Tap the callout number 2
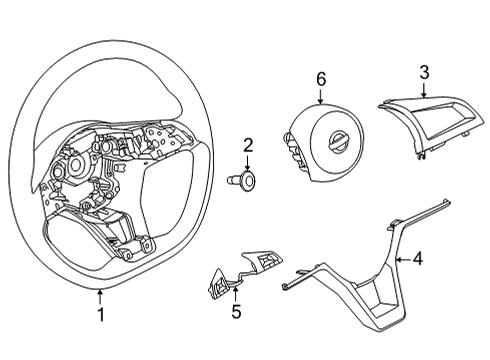point(247,145)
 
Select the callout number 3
point(424,72)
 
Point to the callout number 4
point(418,259)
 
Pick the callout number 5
point(236,312)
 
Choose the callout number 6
point(321,78)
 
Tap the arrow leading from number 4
point(402,259)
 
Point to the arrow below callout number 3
point(424,90)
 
